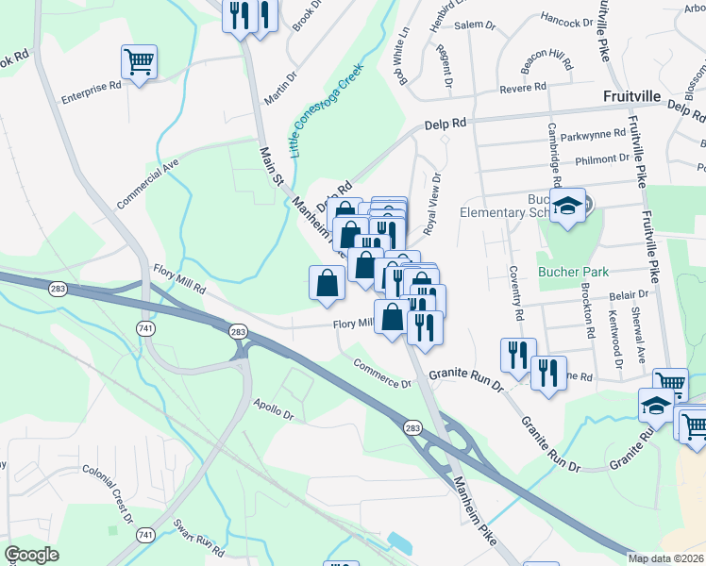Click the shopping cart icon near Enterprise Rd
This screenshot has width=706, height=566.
[139, 63]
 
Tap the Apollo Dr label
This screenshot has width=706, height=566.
[274, 408]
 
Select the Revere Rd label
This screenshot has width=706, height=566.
[526, 88]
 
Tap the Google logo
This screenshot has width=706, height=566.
[31, 555]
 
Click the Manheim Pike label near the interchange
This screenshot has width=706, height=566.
[479, 510]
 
